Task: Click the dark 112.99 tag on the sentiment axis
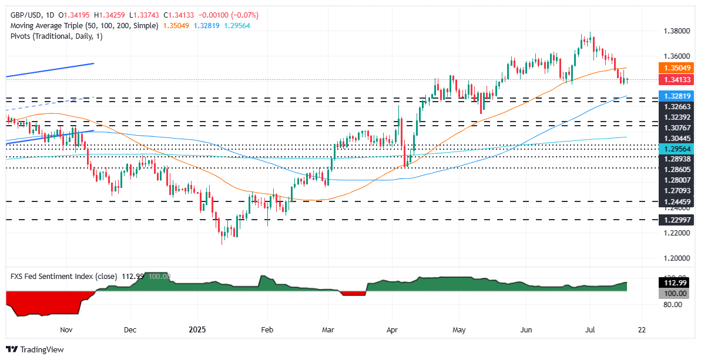[x=668, y=282]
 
